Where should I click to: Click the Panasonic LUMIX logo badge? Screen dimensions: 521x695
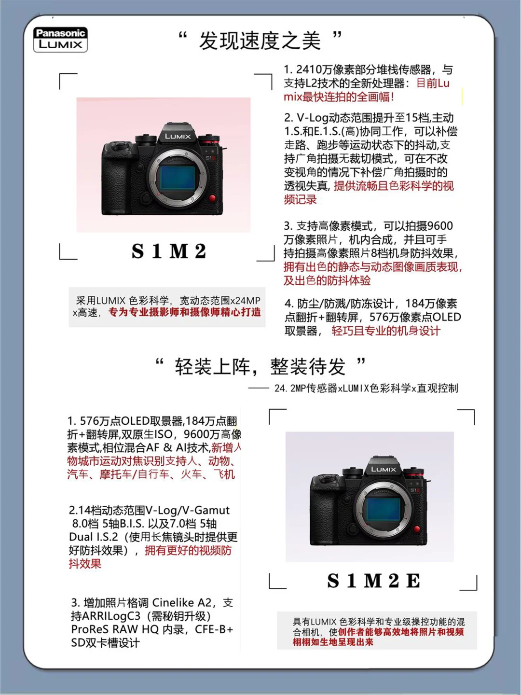tap(60, 40)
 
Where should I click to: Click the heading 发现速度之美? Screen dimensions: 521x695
tap(260, 41)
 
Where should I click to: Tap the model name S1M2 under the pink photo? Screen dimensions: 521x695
tap(169, 251)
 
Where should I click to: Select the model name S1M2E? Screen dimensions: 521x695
tap(373, 581)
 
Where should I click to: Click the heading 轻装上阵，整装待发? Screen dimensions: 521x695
tap(260, 367)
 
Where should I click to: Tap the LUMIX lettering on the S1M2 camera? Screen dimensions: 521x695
tap(178, 137)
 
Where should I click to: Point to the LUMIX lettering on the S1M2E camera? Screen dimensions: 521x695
tap(384, 469)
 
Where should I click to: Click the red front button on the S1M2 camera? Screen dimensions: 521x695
tap(212, 198)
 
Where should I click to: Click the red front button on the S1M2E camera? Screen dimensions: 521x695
tap(417, 529)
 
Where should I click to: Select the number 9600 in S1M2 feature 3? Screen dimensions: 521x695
tap(440, 226)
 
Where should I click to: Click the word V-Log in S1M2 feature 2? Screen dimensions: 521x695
tap(313, 118)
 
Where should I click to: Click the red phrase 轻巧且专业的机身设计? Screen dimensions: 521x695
tap(385, 331)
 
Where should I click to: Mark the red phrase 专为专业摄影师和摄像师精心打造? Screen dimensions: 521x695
tap(185, 313)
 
